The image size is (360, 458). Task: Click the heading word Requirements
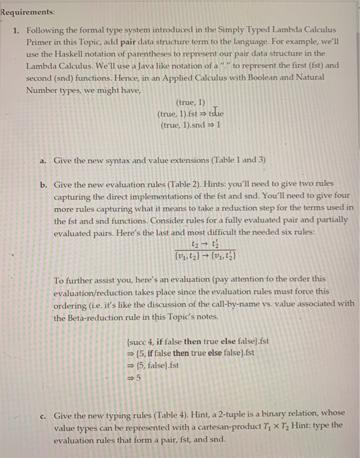click(x=27, y=12)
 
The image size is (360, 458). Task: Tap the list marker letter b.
click(x=43, y=185)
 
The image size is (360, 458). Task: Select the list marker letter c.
click(x=43, y=415)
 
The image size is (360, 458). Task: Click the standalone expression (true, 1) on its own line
click(x=190, y=102)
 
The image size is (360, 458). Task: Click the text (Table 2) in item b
click(x=185, y=185)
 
